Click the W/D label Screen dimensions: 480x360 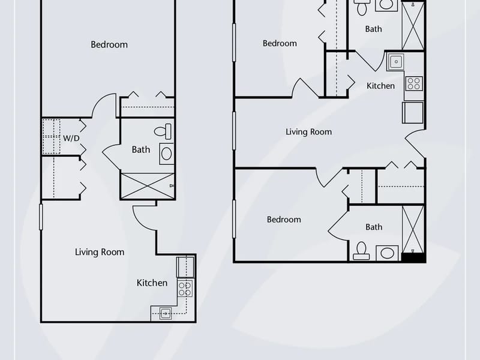click(x=71, y=139)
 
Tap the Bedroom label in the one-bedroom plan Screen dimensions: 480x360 click(x=109, y=44)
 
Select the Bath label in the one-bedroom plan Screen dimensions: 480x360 click(x=141, y=149)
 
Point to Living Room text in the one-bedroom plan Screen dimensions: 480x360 click(x=100, y=252)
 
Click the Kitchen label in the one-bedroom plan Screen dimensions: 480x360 click(x=152, y=283)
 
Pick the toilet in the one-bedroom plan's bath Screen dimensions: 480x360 click(x=163, y=131)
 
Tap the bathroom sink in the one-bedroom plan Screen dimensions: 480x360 click(x=166, y=154)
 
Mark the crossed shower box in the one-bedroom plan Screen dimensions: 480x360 click(x=147, y=186)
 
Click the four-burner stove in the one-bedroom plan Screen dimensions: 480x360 click(x=185, y=289)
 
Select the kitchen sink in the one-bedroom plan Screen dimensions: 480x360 click(x=166, y=313)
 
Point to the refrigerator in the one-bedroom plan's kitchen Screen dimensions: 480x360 click(x=185, y=267)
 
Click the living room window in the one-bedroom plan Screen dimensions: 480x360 click(x=41, y=217)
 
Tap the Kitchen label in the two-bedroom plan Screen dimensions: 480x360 click(x=380, y=86)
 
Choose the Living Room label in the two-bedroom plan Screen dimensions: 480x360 click(x=308, y=132)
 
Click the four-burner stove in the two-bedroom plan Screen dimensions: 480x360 click(x=414, y=83)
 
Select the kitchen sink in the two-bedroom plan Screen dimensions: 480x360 click(x=396, y=62)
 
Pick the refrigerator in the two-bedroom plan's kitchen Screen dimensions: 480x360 click(x=413, y=113)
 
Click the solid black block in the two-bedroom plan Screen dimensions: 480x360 click(x=413, y=258)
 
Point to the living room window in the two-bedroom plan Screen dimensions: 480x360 click(x=234, y=131)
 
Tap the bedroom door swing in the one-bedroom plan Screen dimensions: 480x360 click(x=104, y=106)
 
